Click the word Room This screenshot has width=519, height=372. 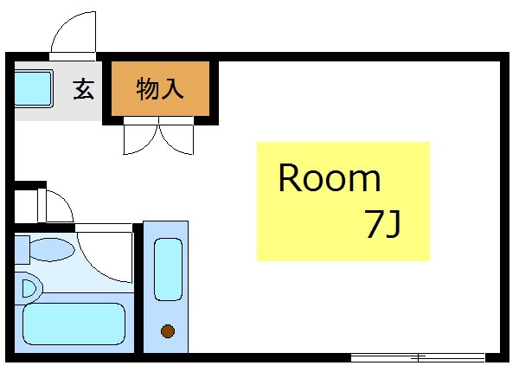tap(329, 179)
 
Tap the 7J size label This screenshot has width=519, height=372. tap(381, 225)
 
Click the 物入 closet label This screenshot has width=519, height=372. tap(160, 88)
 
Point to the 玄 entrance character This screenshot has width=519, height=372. tap(84, 88)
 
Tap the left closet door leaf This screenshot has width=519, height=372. tap(140, 138)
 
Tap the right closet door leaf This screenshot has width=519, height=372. tap(177, 139)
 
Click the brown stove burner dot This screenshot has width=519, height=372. tap(166, 330)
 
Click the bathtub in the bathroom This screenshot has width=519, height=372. tap(73, 323)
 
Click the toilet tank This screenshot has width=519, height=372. tap(22, 249)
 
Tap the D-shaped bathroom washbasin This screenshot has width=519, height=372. tap(28, 287)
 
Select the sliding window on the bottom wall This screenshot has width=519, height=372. tap(418, 357)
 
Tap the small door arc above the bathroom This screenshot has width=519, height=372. tap(59, 207)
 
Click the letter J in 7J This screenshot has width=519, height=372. tap(394, 225)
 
